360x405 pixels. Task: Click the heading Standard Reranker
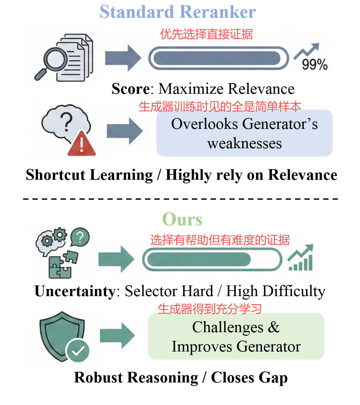tap(178, 12)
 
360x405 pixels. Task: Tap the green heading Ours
tap(182, 219)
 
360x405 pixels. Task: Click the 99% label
tap(315, 64)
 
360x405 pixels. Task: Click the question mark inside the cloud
tap(66, 122)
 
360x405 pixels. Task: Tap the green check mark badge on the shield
tap(77, 350)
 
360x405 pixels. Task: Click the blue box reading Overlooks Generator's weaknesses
tap(244, 133)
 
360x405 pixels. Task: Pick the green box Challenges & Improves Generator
tap(236, 336)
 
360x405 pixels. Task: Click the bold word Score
tap(130, 89)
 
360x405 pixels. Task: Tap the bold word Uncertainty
tap(75, 291)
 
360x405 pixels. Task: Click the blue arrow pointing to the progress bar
tap(123, 58)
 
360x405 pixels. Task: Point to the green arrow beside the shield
tap(117, 335)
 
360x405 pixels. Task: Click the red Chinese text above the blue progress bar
tap(206, 34)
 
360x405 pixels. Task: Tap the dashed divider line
tap(180, 198)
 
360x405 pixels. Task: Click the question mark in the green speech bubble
tap(80, 237)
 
